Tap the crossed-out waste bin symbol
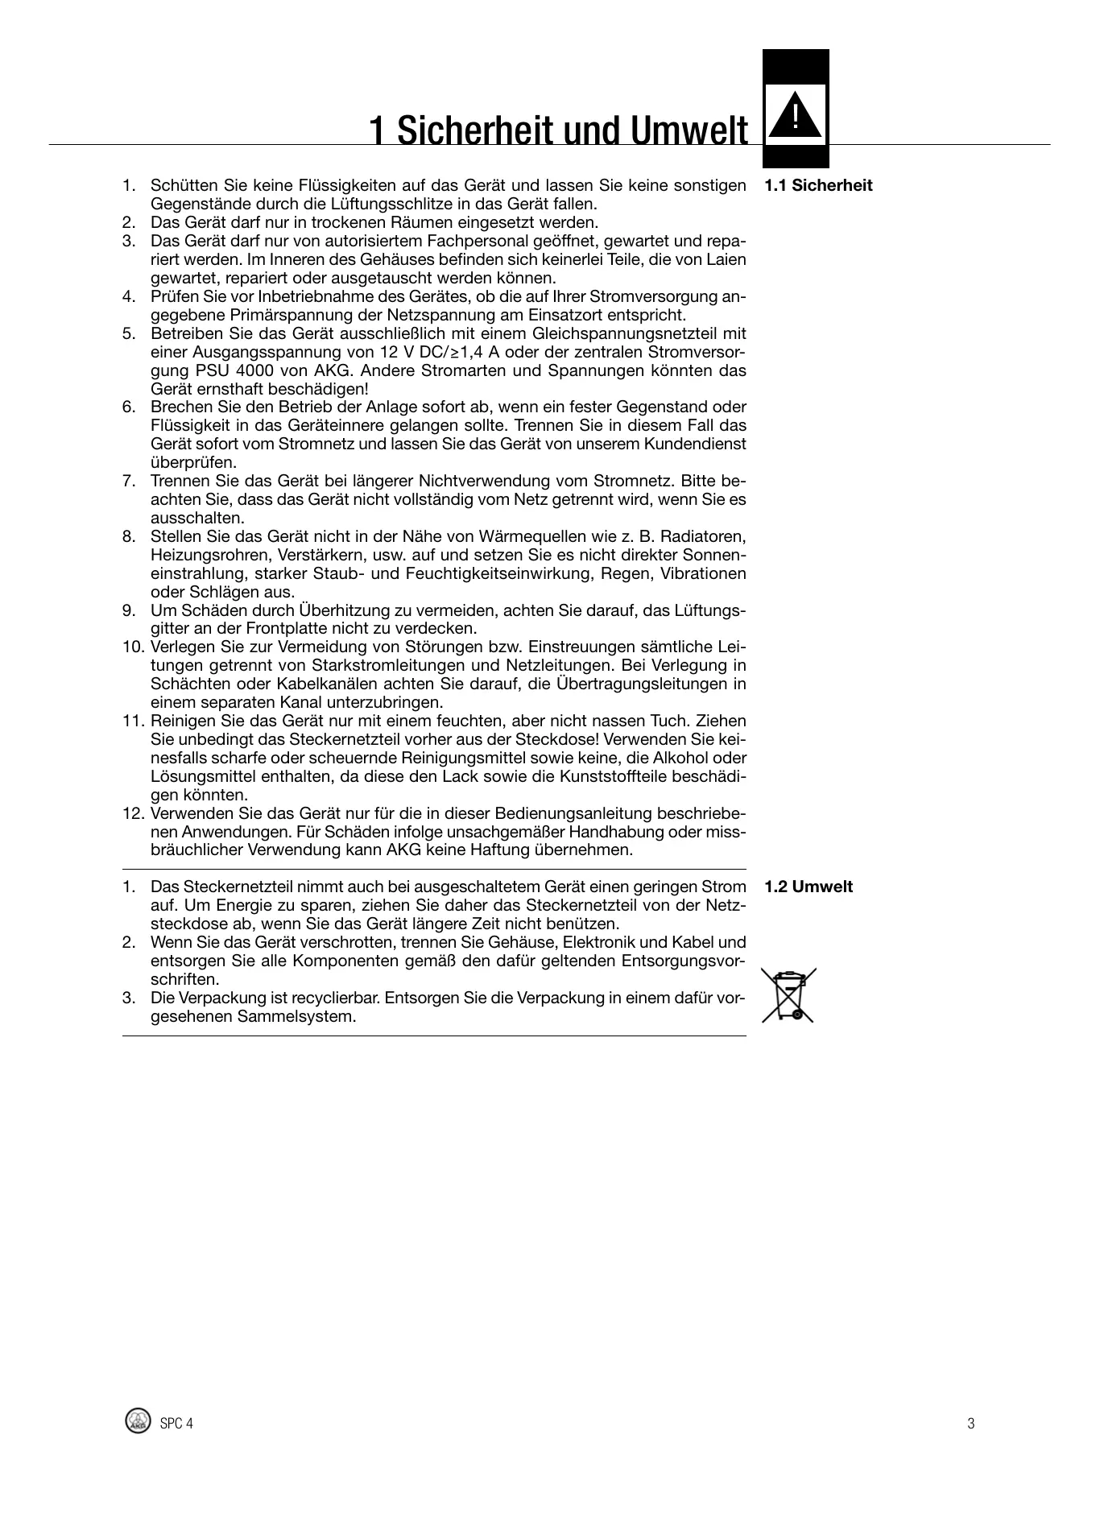[x=789, y=995]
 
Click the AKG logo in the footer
[x=139, y=1421]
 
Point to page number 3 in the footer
[x=970, y=1423]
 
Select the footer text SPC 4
[x=176, y=1423]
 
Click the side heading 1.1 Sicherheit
[x=818, y=185]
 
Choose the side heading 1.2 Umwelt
[x=808, y=887]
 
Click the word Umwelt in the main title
[x=689, y=130]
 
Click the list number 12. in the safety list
[x=134, y=813]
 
